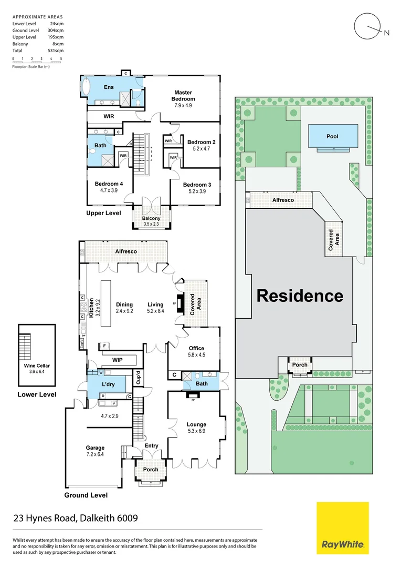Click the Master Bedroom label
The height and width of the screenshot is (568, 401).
(x=184, y=96)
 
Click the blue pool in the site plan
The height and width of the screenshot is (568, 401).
(x=333, y=136)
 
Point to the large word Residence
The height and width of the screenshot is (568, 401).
(x=300, y=296)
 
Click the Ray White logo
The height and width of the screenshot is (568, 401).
(x=342, y=528)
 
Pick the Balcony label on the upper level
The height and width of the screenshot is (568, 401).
(x=151, y=219)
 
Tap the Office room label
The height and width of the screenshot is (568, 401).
(x=196, y=348)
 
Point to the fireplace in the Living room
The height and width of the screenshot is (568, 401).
(x=179, y=304)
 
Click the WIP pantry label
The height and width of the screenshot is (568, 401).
(x=118, y=360)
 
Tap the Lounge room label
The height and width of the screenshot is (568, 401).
(x=196, y=424)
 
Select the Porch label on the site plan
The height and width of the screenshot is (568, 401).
(x=300, y=364)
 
